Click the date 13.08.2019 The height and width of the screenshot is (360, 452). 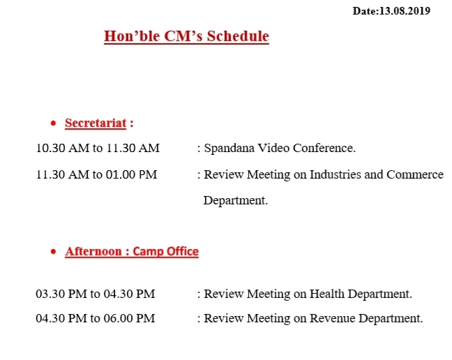[x=405, y=11]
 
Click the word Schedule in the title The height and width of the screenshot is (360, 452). [x=238, y=36]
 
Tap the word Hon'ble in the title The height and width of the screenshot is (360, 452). [x=132, y=36]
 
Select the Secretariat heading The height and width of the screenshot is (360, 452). [x=96, y=123]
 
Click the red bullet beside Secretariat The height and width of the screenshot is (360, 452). [x=53, y=123]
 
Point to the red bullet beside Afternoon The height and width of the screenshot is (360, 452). [x=53, y=252]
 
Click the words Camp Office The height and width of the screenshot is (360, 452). [x=165, y=251]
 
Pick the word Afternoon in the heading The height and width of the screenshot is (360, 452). [x=93, y=251]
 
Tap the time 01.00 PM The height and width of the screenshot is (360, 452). [x=131, y=174]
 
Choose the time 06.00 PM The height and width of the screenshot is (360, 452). [x=130, y=319]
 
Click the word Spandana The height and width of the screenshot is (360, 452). [x=229, y=148]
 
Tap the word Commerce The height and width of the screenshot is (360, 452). [x=415, y=174]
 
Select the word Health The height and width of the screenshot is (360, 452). [x=327, y=294]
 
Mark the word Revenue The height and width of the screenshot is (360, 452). [x=332, y=319]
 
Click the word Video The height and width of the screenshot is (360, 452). [x=273, y=148]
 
